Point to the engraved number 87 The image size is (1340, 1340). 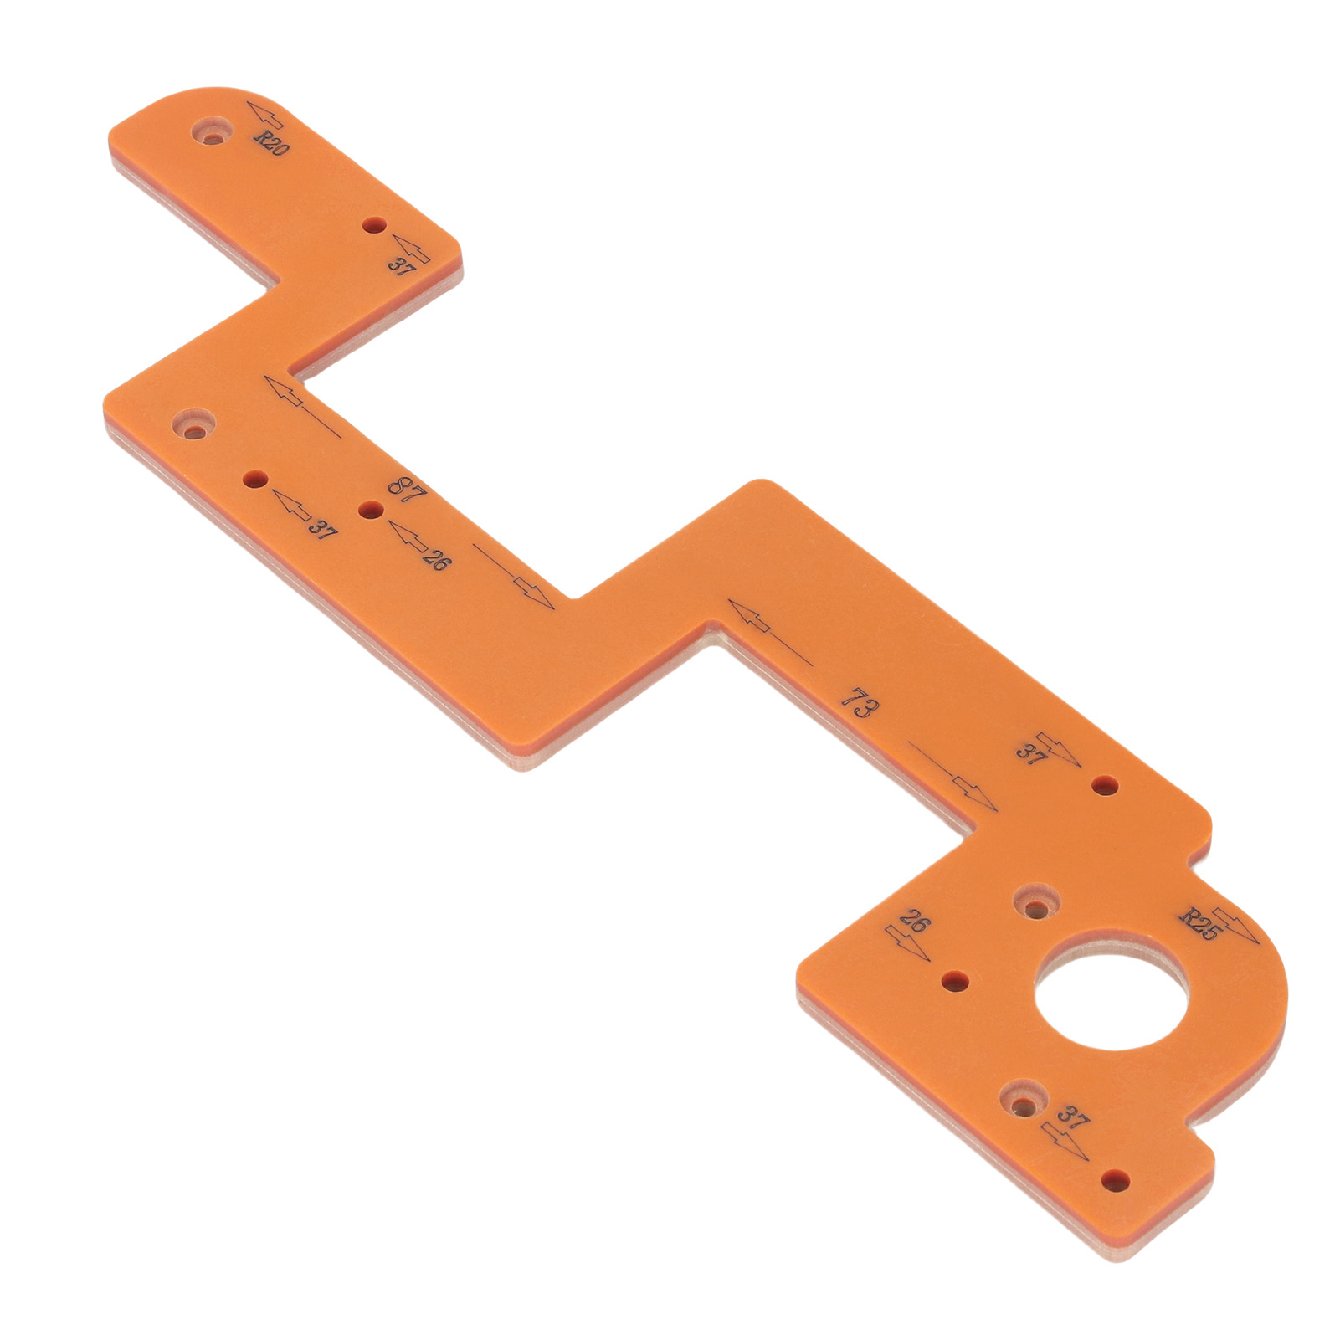coord(407,490)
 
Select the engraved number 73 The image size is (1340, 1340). coord(860,703)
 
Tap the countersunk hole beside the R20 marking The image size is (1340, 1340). coord(213,131)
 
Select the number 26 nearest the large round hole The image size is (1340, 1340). coord(915,922)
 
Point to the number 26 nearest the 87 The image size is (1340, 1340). coord(435,558)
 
